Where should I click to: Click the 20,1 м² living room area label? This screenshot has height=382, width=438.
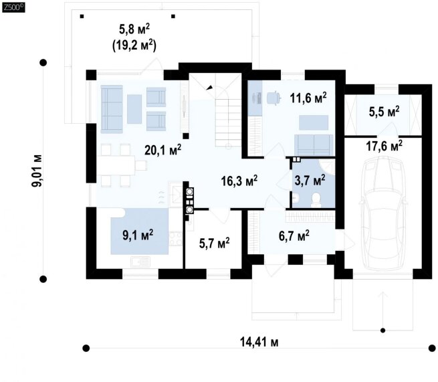click(x=163, y=150)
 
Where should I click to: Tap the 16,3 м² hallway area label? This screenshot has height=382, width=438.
click(x=239, y=181)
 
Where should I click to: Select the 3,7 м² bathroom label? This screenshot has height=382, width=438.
click(x=310, y=180)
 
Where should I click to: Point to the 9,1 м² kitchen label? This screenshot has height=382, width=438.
click(x=138, y=235)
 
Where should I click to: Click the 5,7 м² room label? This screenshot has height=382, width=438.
click(x=214, y=243)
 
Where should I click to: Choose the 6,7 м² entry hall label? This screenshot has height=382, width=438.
click(x=294, y=235)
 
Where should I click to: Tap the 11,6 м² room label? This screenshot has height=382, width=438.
click(x=308, y=98)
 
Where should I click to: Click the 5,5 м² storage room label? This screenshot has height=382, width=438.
click(x=384, y=112)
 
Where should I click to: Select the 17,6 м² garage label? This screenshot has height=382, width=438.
click(x=384, y=146)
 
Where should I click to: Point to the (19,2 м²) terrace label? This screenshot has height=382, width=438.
click(x=134, y=45)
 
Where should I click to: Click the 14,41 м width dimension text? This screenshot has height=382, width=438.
click(x=259, y=342)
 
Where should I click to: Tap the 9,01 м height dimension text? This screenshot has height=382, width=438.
click(x=37, y=171)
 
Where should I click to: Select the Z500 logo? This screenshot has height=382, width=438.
click(x=13, y=7)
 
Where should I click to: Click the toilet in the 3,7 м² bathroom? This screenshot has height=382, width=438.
click(x=316, y=199)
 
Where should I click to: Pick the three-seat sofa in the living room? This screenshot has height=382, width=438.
click(x=112, y=109)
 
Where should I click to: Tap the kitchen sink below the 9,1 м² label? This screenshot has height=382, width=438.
click(x=140, y=262)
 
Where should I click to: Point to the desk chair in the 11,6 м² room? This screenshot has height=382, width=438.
click(x=273, y=98)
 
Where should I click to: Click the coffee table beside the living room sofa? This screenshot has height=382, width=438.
click(x=134, y=109)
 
